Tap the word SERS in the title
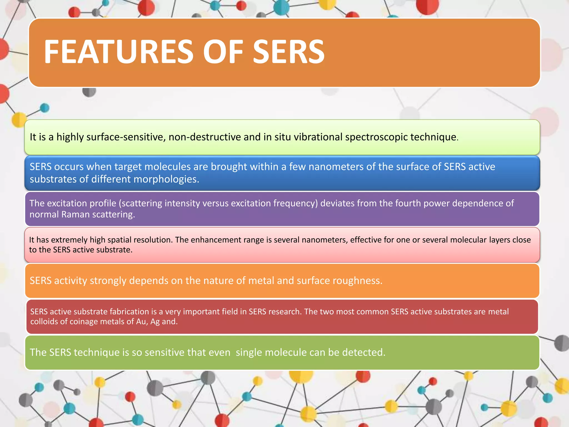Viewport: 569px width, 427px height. click(x=289, y=52)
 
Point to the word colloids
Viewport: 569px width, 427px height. click(x=44, y=322)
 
